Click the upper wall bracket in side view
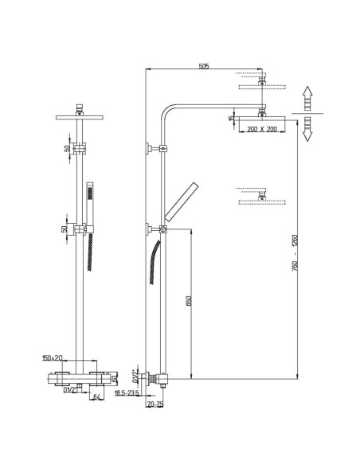151,148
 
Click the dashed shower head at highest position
260,82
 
